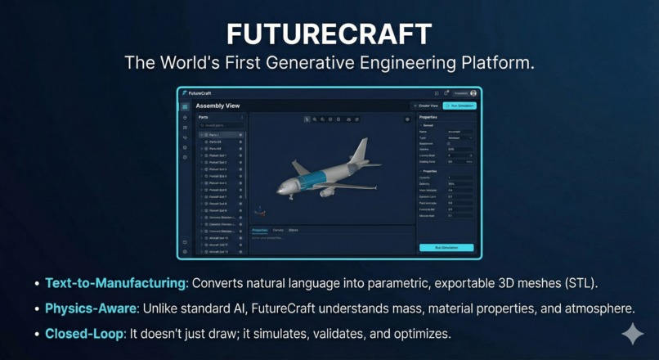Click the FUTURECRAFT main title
click(329, 34)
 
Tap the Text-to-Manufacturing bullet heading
click(116, 283)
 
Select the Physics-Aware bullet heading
click(89, 309)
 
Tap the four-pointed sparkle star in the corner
click(632, 334)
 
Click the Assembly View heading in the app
click(217, 106)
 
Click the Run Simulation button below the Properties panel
click(446, 247)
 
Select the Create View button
click(426, 106)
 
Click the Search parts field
click(221, 125)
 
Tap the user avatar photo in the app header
click(473, 93)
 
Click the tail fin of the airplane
click(361, 151)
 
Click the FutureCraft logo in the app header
click(195, 93)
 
